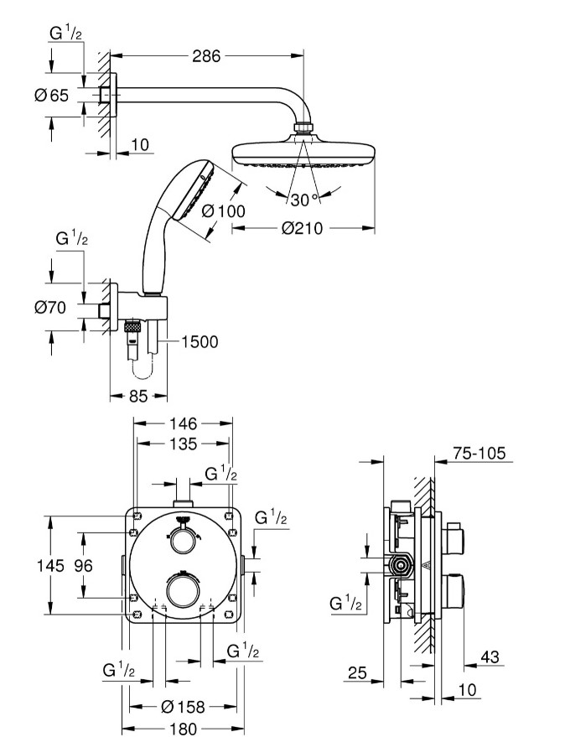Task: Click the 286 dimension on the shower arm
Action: click(x=205, y=56)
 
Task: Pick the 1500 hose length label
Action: click(x=199, y=341)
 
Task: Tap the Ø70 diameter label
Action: click(x=50, y=308)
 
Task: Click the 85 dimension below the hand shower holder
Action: click(x=138, y=396)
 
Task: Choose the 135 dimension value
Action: click(x=184, y=444)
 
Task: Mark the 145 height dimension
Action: click(x=50, y=566)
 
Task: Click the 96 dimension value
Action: click(x=82, y=566)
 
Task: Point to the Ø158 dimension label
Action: click(x=184, y=708)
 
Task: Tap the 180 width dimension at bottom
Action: click(x=184, y=729)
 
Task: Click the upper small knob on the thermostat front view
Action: click(x=181, y=542)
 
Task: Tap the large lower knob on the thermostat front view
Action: click(x=183, y=589)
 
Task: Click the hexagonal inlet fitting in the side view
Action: click(x=402, y=565)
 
